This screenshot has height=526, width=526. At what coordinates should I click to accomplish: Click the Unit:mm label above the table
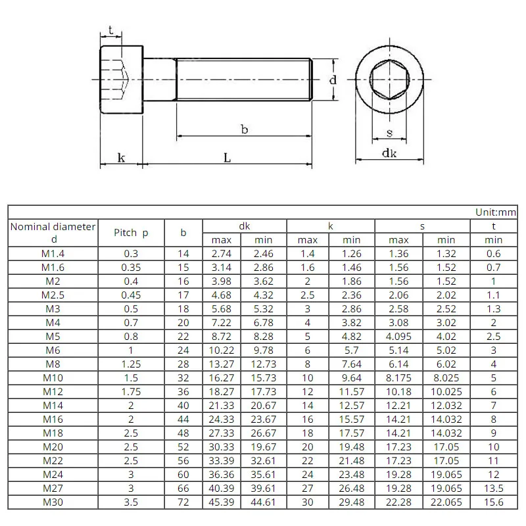[496, 212]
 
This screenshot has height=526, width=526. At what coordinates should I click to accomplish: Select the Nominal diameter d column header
[53, 233]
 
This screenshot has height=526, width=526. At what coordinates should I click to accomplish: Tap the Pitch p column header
[131, 233]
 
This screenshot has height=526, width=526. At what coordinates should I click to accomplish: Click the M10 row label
[53, 378]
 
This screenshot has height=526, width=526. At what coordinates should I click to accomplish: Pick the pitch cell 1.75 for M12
[131, 392]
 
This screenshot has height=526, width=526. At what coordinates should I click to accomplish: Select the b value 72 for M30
[183, 502]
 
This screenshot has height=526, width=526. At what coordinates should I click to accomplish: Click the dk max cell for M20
[222, 447]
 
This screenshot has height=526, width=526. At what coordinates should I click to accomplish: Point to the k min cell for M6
[352, 350]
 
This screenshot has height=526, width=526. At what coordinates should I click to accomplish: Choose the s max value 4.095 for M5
[398, 337]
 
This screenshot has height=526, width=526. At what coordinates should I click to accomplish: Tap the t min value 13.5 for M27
[493, 489]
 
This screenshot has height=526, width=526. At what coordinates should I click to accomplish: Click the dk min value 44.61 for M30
[263, 502]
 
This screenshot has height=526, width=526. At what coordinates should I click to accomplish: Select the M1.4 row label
[53, 254]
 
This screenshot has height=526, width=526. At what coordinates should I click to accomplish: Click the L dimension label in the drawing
[227, 158]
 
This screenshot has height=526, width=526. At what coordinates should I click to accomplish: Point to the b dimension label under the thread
[245, 130]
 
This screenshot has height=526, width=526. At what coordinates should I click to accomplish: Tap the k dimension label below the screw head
[121, 158]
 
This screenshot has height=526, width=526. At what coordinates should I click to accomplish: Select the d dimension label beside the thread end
[333, 80]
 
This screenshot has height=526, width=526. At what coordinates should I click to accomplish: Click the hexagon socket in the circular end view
[389, 79]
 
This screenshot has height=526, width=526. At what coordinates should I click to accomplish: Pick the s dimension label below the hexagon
[389, 133]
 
